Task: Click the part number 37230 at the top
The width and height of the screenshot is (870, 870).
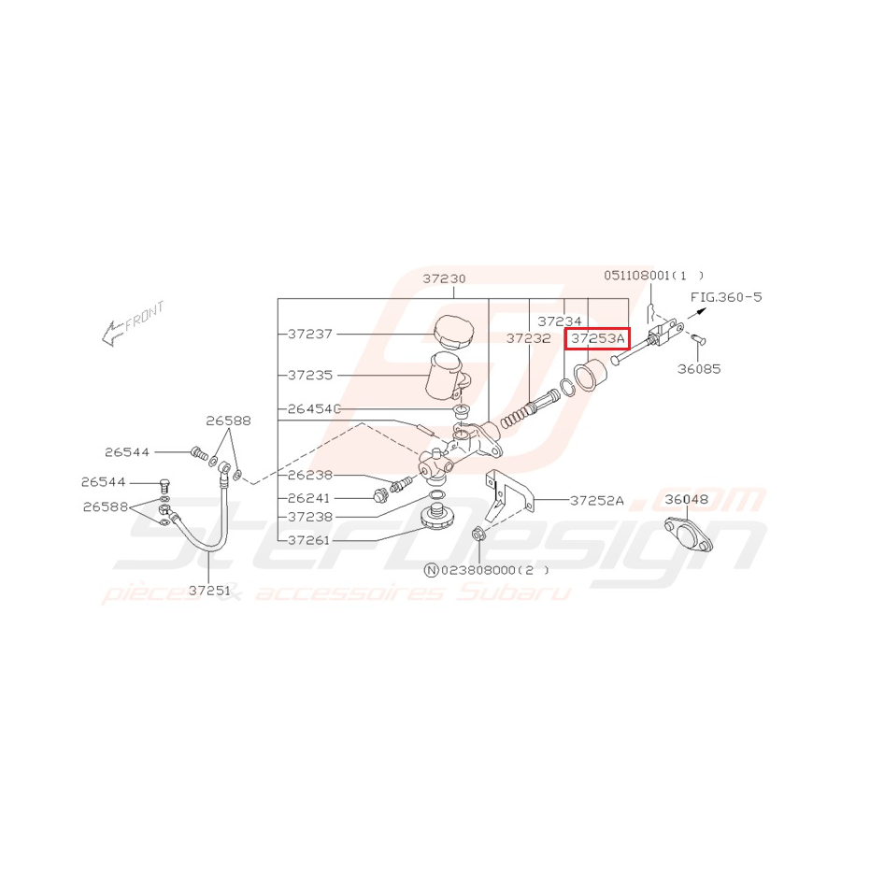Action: [444, 278]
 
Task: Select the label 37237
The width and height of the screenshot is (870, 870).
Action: [310, 334]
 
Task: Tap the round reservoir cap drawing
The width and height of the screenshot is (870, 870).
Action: [453, 331]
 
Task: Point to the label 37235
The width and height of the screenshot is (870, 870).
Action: [310, 375]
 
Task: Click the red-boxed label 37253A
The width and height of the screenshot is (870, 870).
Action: [597, 338]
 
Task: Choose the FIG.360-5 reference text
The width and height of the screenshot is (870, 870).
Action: [726, 297]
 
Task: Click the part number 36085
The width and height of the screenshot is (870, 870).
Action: [699, 369]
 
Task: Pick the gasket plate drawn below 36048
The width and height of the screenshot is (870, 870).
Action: [688, 534]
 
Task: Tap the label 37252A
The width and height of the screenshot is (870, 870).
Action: [597, 501]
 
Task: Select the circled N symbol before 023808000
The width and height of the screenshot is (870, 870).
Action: [431, 570]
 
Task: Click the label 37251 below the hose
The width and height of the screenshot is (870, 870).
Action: [209, 591]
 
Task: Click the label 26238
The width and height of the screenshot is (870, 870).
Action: [310, 475]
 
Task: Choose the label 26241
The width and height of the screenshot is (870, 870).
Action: [308, 498]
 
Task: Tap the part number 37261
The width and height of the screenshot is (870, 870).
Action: [308, 540]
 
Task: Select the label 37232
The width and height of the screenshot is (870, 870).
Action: [528, 338]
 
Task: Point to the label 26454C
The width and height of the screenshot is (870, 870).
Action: [314, 409]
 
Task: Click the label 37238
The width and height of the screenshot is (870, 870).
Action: [310, 517]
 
